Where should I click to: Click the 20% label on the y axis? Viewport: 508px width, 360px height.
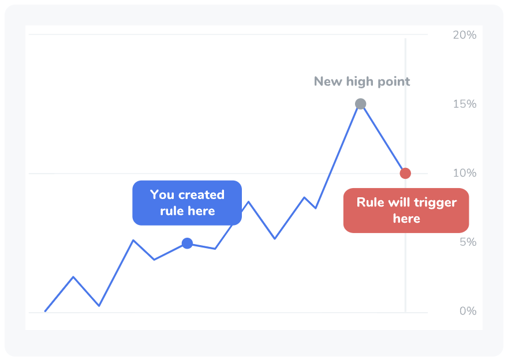tap(465, 35)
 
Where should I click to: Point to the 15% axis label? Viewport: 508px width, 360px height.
tap(465, 104)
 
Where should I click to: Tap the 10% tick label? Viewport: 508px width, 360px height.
tap(465, 173)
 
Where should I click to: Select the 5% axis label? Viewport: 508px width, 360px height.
tap(468, 242)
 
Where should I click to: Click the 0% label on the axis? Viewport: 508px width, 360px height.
tap(468, 311)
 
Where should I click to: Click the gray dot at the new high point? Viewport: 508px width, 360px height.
tap(361, 104)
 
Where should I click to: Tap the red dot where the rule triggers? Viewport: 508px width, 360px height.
tap(405, 173)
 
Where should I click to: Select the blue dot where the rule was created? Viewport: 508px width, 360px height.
tap(187, 243)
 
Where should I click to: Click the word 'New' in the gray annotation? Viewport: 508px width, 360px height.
tap(328, 81)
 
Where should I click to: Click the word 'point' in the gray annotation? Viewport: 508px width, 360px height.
tap(393, 81)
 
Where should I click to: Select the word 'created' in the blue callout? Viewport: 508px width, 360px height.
tap(201, 195)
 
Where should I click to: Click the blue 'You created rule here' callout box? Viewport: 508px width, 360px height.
tap(187, 203)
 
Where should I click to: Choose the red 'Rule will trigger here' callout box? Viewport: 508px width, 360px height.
tap(406, 211)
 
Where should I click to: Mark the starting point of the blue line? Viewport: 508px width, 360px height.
tap(46, 311)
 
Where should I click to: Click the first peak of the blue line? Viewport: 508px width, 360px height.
tap(73, 277)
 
